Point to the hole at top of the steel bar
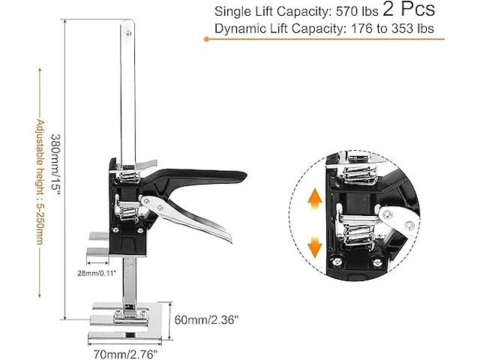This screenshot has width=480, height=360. coord(128,32)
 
